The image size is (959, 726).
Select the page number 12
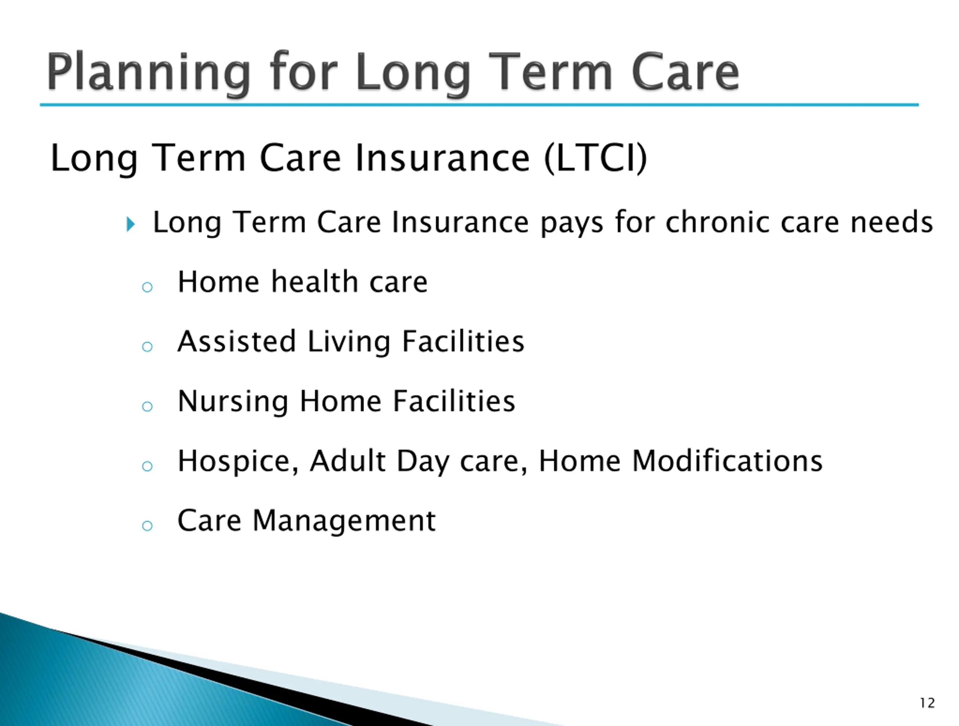point(928,702)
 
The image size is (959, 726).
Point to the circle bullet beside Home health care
point(147,287)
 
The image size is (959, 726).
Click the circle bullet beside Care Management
point(147,526)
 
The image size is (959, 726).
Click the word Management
point(344,520)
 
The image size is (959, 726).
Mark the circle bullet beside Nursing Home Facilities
point(147,406)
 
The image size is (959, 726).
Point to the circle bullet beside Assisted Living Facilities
point(147,346)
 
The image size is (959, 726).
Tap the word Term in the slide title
point(553,72)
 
